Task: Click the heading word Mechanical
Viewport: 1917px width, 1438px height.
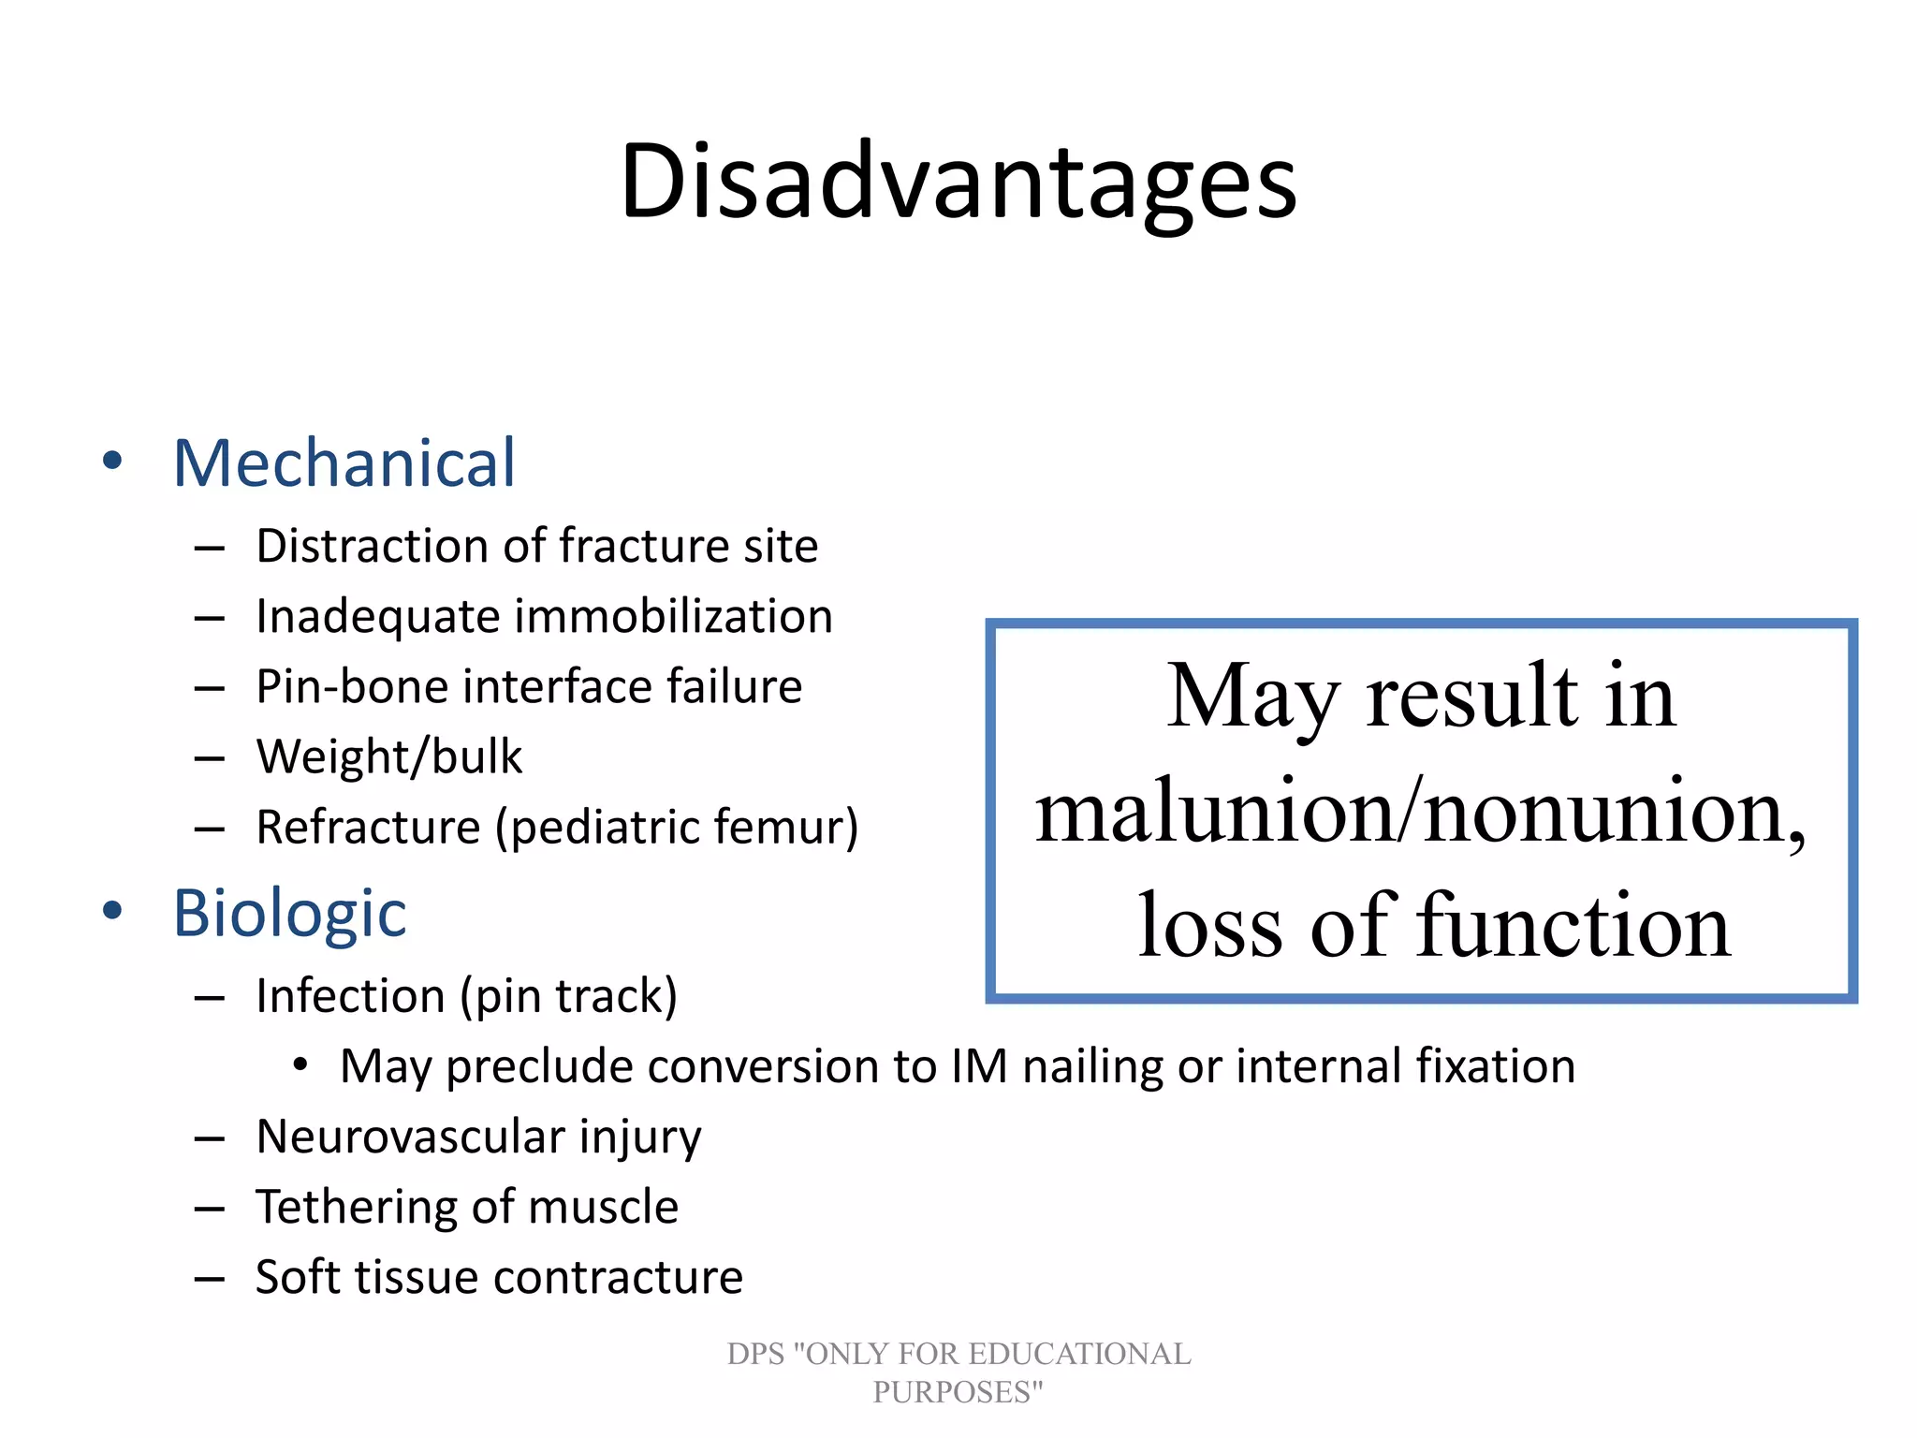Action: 344,463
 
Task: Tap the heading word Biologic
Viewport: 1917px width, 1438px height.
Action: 289,914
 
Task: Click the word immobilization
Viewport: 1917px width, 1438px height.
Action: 673,617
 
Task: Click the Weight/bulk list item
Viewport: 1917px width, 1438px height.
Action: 388,756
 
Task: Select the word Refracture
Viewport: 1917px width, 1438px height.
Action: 368,828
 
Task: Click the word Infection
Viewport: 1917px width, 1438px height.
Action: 350,996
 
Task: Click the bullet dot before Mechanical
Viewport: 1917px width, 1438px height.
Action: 112,461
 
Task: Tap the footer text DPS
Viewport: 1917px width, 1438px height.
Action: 755,1354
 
